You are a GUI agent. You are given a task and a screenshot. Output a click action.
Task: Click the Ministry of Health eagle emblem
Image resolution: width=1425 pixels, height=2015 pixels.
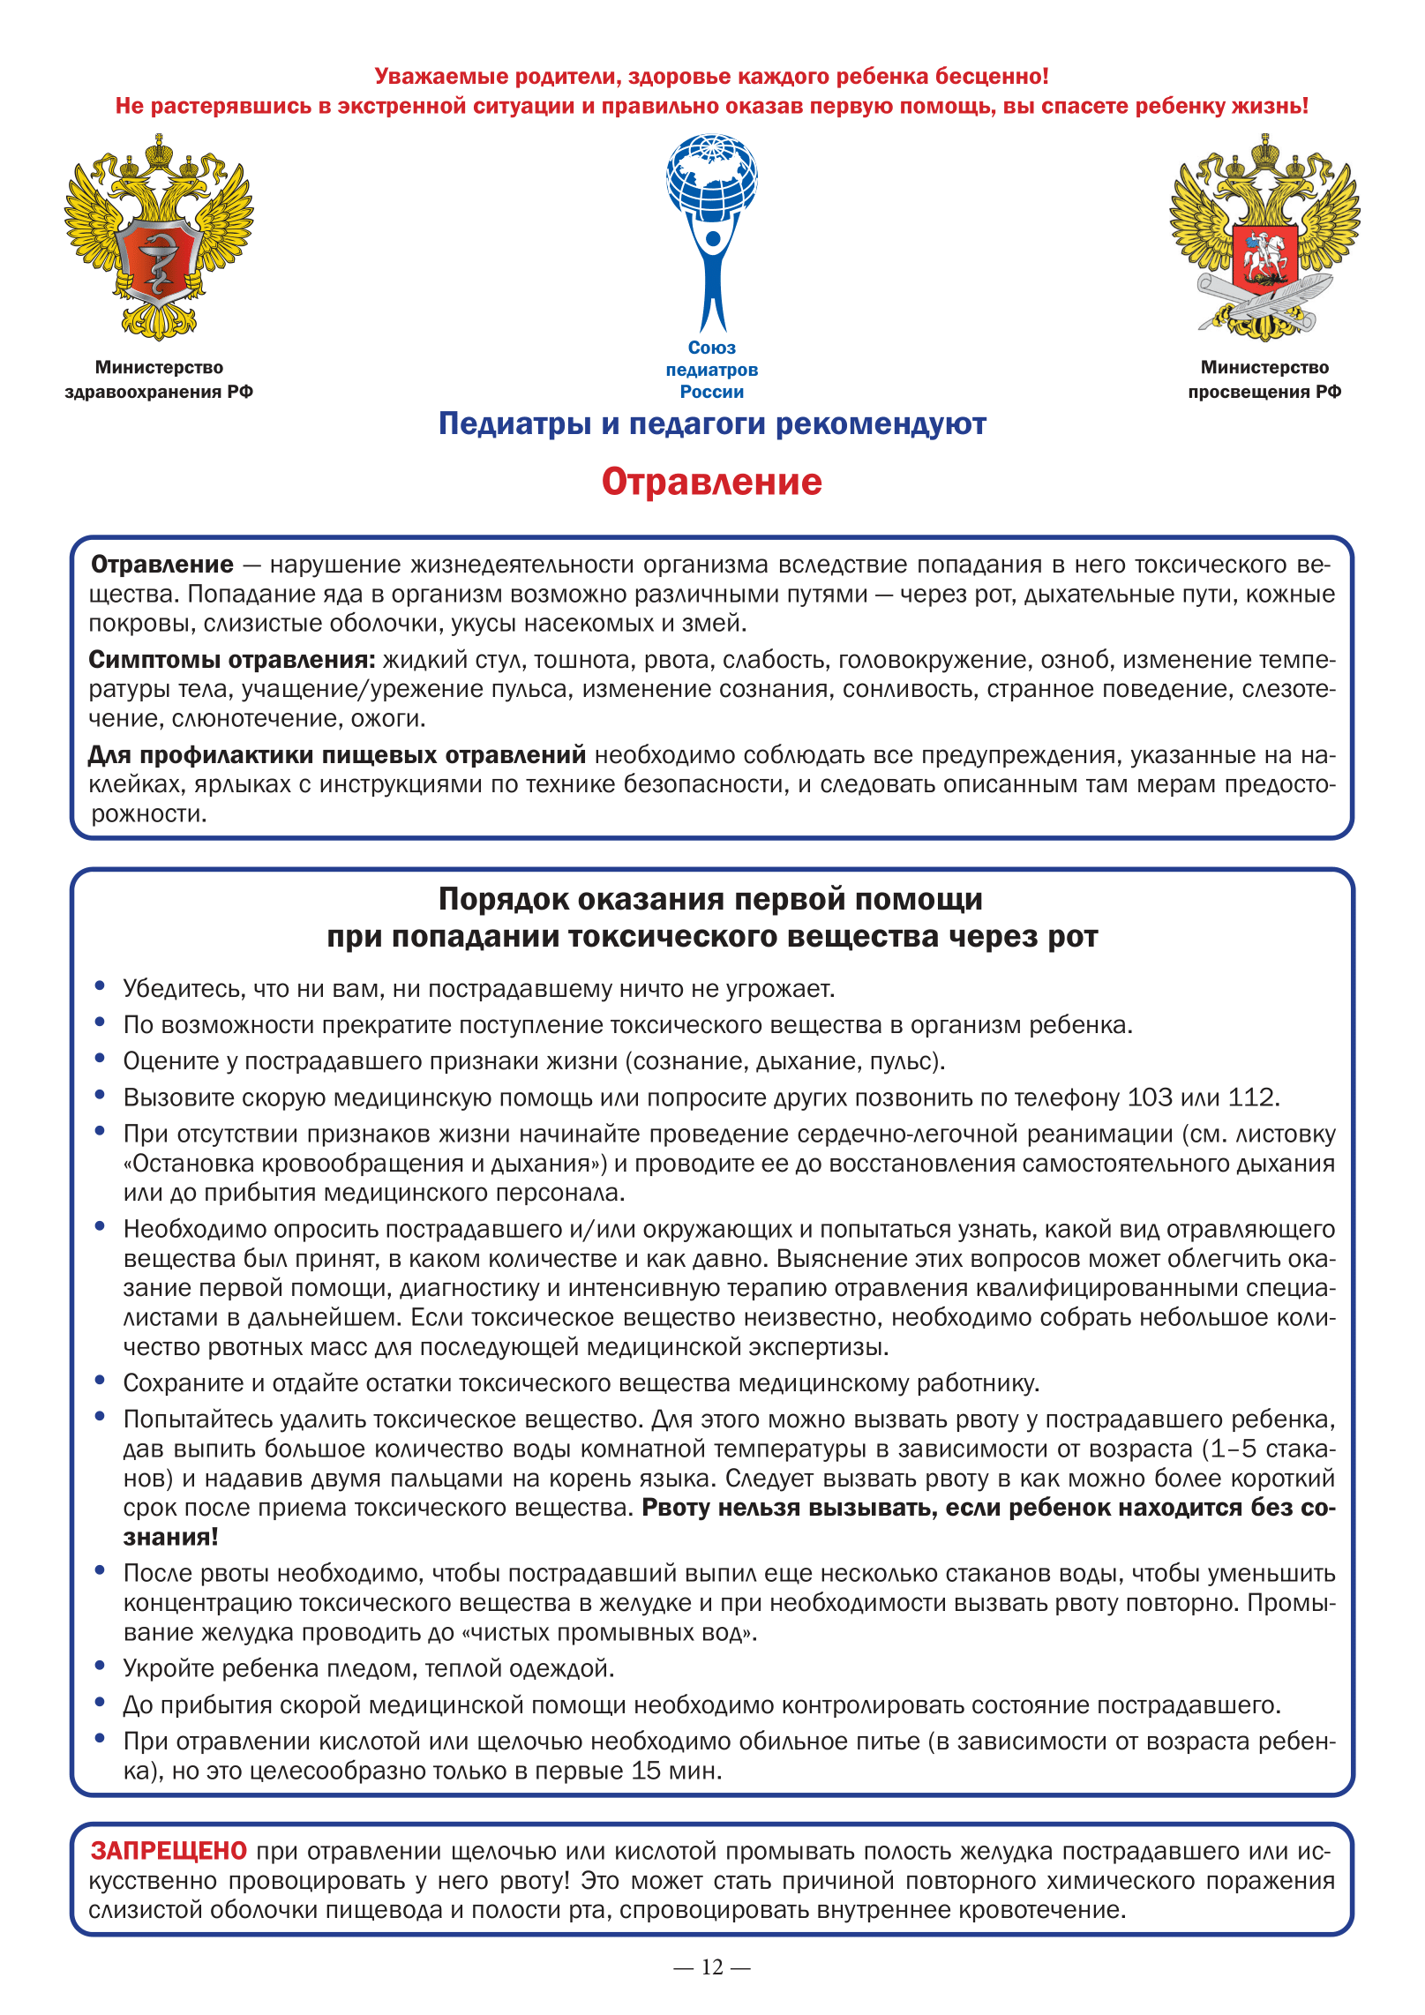click(159, 236)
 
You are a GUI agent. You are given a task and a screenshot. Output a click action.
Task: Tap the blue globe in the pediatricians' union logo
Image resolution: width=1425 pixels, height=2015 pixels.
click(712, 176)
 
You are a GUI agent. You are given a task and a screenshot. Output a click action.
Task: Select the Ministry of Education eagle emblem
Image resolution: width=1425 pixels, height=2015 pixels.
click(1264, 236)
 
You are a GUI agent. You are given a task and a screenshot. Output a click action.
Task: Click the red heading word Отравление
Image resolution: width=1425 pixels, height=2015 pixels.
click(711, 482)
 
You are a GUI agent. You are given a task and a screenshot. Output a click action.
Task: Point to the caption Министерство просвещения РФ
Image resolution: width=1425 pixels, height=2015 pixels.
click(1264, 379)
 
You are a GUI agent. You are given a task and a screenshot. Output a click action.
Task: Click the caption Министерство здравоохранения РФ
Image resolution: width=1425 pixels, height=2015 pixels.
click(159, 379)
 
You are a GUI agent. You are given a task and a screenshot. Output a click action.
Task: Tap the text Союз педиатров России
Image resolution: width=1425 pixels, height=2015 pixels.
click(712, 370)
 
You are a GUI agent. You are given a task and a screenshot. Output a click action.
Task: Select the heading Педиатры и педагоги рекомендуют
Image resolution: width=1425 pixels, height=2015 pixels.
click(712, 424)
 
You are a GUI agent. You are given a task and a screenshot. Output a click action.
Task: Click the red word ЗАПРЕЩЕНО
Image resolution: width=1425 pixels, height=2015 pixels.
click(169, 1850)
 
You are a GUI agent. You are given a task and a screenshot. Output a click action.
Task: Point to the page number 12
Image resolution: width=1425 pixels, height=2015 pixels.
click(712, 1966)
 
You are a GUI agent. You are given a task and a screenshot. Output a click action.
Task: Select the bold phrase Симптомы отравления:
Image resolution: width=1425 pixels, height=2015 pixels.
click(232, 660)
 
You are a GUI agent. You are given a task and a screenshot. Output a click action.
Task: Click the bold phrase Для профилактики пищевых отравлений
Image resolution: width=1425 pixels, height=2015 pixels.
click(337, 755)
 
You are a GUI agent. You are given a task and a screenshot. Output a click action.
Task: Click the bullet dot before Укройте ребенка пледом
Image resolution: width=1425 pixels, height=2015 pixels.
click(101, 1667)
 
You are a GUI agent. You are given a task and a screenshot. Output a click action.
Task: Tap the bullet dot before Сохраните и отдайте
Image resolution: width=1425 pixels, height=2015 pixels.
click(101, 1381)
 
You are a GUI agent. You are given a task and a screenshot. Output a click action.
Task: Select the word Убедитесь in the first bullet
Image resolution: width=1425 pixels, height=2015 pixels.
click(181, 989)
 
